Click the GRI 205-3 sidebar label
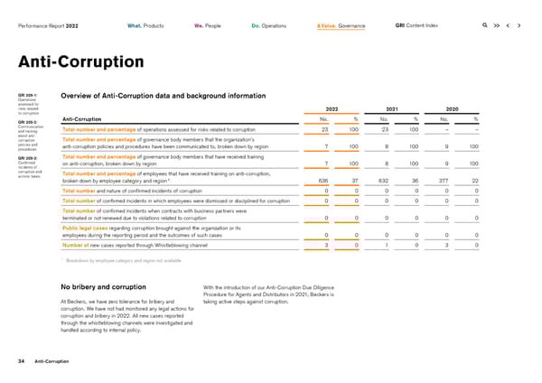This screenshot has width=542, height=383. (x=28, y=156)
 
